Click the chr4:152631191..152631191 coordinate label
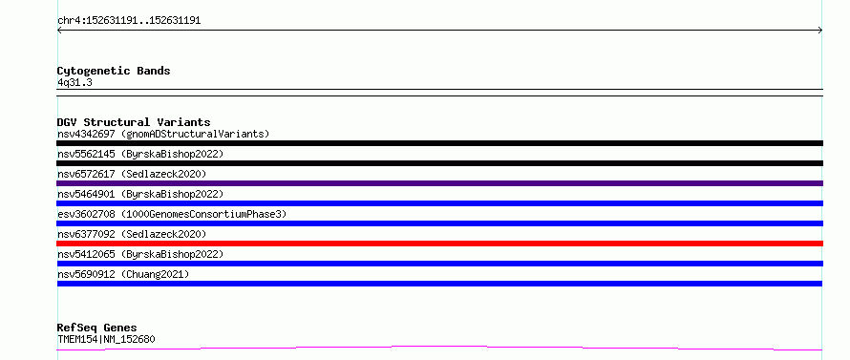tap(129, 21)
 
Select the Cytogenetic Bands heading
tap(114, 71)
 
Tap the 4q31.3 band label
tap(74, 83)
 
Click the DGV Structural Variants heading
tap(134, 122)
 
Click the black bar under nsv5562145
tap(439, 163)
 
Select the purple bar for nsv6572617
tap(439, 183)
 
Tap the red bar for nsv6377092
tap(439, 244)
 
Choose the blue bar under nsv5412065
tap(439, 264)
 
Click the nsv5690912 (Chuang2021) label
tap(123, 274)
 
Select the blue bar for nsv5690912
tap(439, 284)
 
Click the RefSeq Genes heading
tap(96, 328)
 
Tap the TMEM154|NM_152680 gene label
tap(106, 340)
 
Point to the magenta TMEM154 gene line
tap(439, 347)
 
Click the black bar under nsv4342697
tap(439, 143)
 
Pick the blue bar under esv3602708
tap(439, 223)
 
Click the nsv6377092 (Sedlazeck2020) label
tap(132, 234)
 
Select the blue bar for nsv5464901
tap(439, 203)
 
